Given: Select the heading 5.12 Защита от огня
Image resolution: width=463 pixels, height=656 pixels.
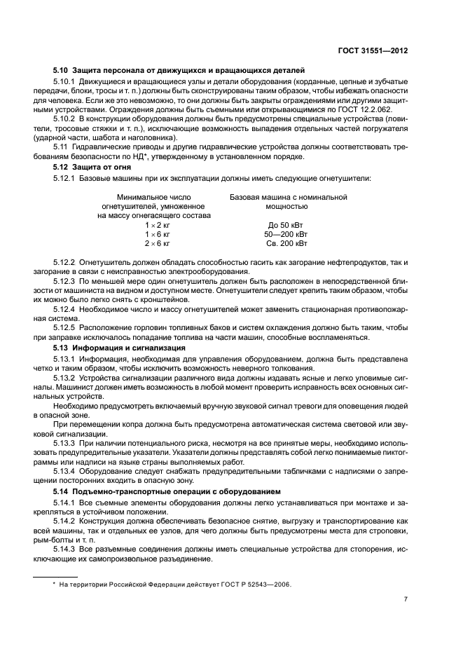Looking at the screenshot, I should pyautogui.click(x=95, y=167).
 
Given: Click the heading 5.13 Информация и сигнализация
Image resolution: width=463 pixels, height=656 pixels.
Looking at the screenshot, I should pyautogui.click(x=119, y=347).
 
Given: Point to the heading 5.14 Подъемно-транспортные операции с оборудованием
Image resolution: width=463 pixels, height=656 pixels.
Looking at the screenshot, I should pyautogui.click(x=167, y=491).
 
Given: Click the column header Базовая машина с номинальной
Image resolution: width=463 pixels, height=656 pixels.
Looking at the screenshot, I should pyautogui.click(x=288, y=197).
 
